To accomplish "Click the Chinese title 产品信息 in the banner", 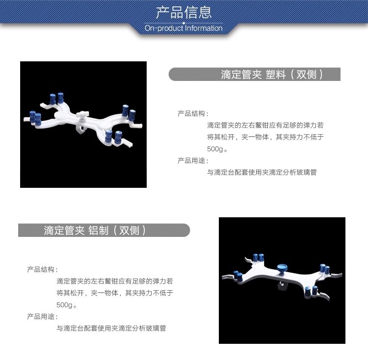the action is click(x=184, y=12).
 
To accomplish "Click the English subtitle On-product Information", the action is click(x=184, y=28).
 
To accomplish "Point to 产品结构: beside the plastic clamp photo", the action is click(x=193, y=113).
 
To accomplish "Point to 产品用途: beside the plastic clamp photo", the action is click(x=193, y=160).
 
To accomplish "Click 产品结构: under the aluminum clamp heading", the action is click(x=42, y=269).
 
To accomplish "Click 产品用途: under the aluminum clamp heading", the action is click(x=42, y=316).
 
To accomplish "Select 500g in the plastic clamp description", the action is click(x=215, y=149).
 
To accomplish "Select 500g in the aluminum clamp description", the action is click(x=64, y=305).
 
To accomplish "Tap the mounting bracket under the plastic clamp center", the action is click(x=80, y=129).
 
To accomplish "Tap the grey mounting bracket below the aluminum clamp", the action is click(x=281, y=285).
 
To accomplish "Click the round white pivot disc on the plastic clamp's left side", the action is click(x=61, y=115).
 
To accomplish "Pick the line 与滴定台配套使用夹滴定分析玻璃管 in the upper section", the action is click(x=262, y=172).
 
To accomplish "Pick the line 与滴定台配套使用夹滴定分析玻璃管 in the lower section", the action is click(x=111, y=328).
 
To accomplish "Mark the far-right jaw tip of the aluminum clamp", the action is click(x=341, y=274).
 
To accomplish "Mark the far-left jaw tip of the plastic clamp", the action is click(x=25, y=119).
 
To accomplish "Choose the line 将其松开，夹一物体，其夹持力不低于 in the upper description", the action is click(x=265, y=137).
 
